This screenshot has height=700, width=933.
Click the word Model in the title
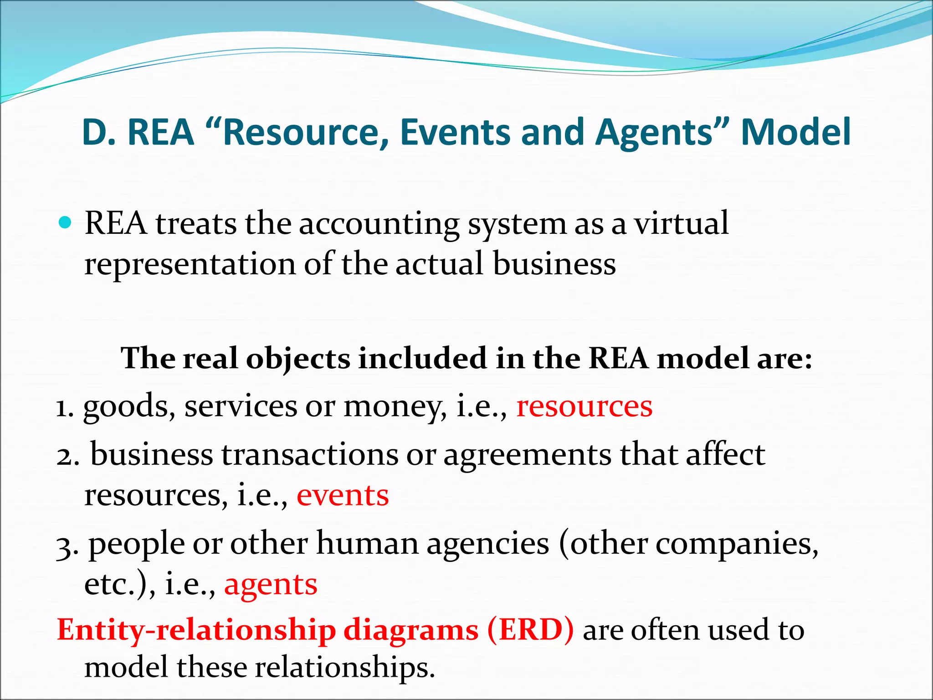tap(795, 132)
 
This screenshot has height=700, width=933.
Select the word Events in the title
tap(456, 132)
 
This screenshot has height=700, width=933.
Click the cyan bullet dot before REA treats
tap(66, 223)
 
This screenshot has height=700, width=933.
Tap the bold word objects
tap(298, 358)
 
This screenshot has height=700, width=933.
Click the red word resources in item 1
tap(584, 406)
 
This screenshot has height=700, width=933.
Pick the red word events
tap(343, 495)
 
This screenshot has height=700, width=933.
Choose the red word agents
tap(271, 585)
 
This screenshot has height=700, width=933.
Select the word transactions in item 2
tap(310, 454)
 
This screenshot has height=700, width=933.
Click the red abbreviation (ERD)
tap(530, 630)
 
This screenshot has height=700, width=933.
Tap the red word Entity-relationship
tap(196, 630)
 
